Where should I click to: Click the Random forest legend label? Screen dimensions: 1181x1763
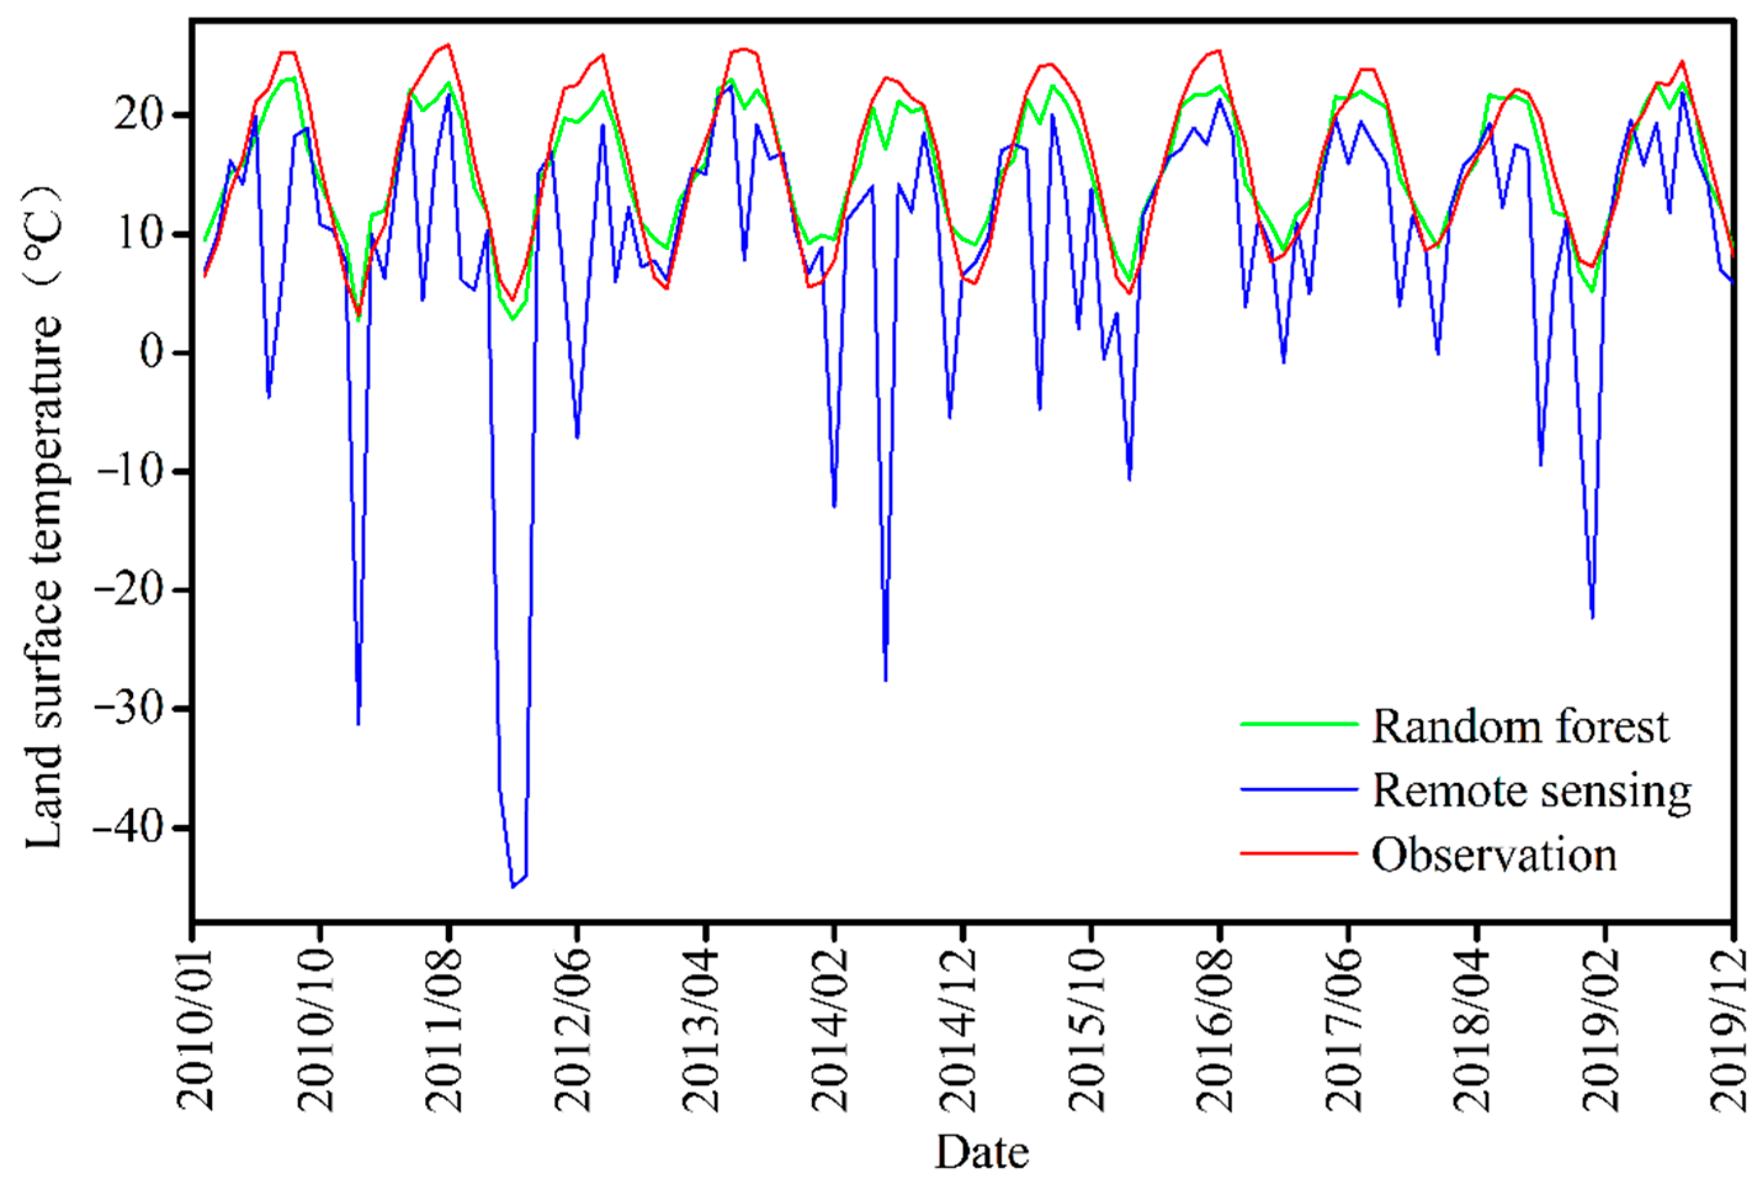pyautogui.click(x=1520, y=728)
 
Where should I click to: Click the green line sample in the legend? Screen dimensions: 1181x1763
pyautogui.click(x=1299, y=724)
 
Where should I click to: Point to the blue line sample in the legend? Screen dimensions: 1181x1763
pyautogui.click(x=1299, y=789)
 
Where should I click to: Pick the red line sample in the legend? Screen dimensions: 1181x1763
pyautogui.click(x=1299, y=853)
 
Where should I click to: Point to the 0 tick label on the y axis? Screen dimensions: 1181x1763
pyautogui.click(x=152, y=352)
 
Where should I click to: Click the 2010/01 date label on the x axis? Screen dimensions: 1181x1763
pyautogui.click(x=194, y=1029)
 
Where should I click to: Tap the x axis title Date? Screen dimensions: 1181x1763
pyautogui.click(x=981, y=1151)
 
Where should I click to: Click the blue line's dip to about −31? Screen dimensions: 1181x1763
pyautogui.click(x=359, y=724)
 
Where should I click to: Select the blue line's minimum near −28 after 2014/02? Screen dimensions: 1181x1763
pyautogui.click(x=886, y=680)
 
